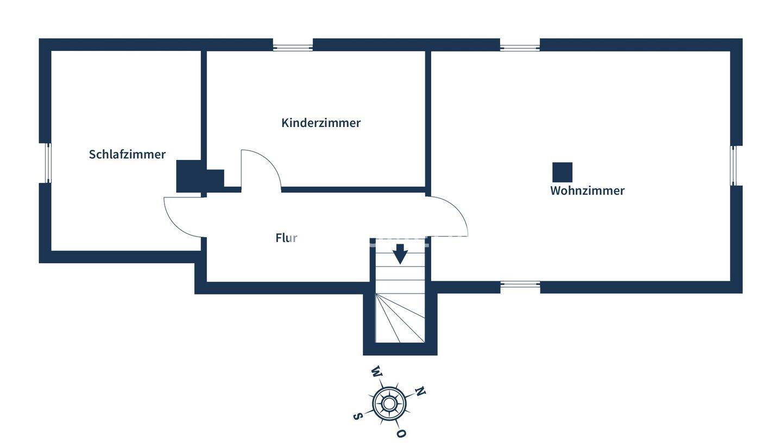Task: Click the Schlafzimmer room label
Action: (127, 155)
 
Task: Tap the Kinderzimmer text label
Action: (320, 123)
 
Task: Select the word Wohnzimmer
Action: (587, 191)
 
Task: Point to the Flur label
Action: (286, 238)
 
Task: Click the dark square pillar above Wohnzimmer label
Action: (562, 173)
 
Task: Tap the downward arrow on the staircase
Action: (400, 254)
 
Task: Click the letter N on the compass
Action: (420, 391)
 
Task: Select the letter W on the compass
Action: (376, 372)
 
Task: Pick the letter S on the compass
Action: (357, 416)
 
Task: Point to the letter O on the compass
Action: (401, 433)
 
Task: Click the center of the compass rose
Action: (389, 403)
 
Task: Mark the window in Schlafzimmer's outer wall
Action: (47, 163)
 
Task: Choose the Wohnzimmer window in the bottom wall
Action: (520, 284)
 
